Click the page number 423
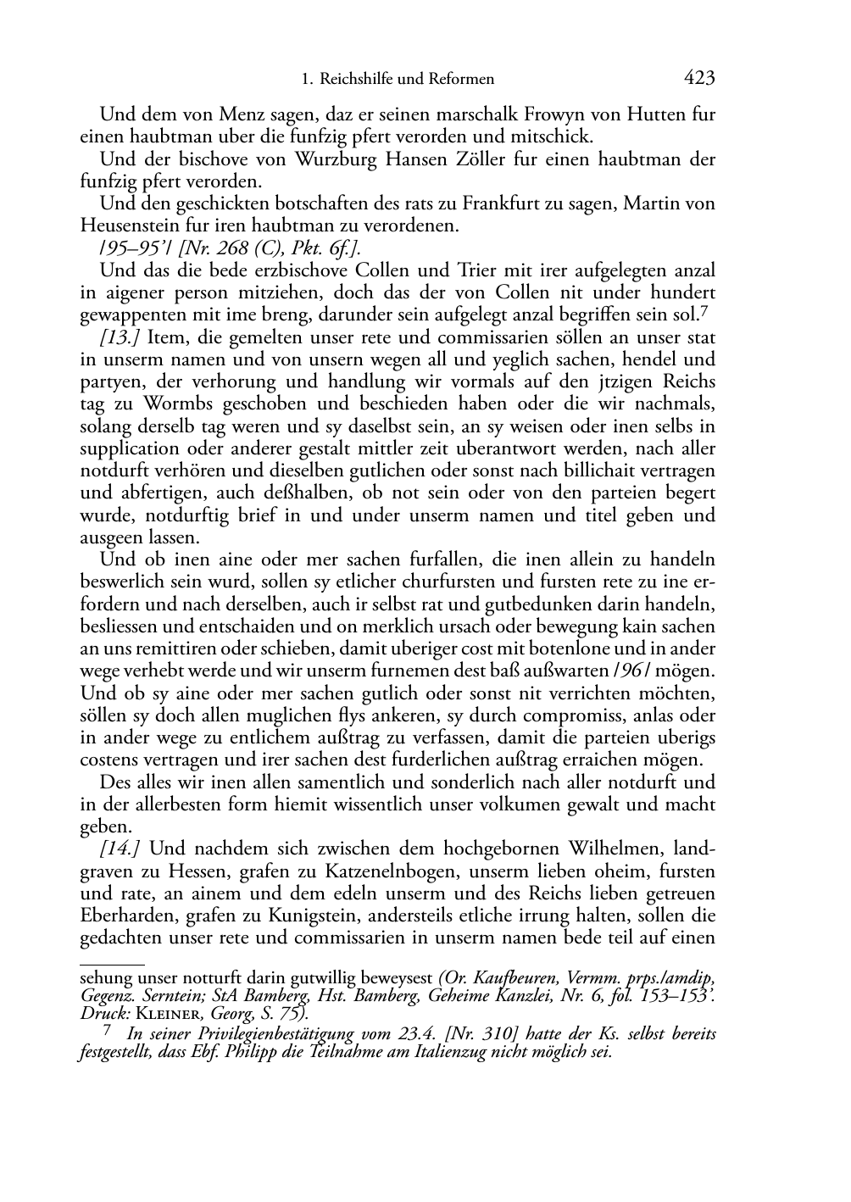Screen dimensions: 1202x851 pyautogui.click(x=699, y=79)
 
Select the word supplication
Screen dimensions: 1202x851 pyautogui.click(x=130, y=448)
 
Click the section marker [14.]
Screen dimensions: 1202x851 pyautogui.click(x=120, y=849)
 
